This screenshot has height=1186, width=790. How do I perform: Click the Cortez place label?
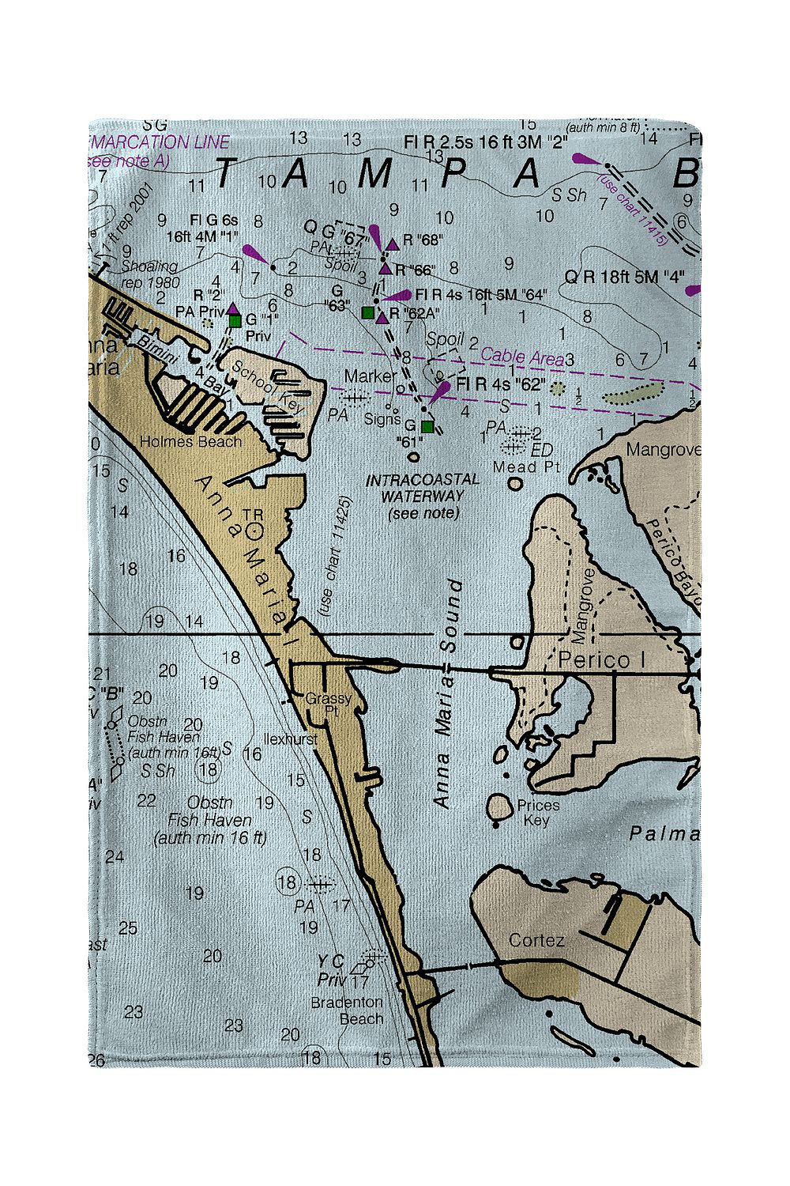(x=536, y=940)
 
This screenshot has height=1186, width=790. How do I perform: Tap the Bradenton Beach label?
(x=347, y=1010)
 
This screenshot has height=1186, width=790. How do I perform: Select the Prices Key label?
(x=538, y=813)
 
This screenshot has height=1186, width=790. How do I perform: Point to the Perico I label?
(x=594, y=660)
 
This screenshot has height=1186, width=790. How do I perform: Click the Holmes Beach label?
(x=190, y=441)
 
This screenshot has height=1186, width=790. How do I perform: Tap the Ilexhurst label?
(x=290, y=739)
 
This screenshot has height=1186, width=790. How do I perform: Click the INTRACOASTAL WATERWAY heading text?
(x=422, y=488)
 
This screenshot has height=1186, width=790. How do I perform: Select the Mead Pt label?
(x=526, y=467)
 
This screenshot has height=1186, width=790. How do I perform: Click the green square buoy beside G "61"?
(x=427, y=427)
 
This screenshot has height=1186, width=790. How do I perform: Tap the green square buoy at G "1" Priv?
(x=235, y=320)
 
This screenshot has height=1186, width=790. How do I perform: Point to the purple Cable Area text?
(x=522, y=357)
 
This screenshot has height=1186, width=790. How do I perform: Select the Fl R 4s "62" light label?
(x=501, y=385)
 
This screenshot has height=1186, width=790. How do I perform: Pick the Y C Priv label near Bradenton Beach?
(x=331, y=969)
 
